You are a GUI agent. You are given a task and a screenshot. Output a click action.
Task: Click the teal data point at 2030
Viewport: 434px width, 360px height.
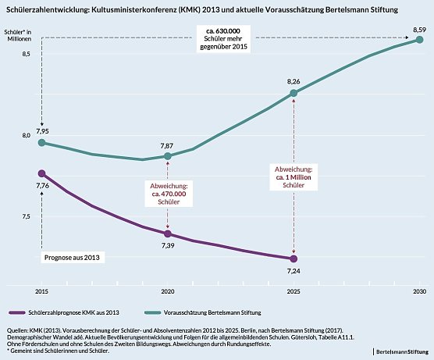(419, 41)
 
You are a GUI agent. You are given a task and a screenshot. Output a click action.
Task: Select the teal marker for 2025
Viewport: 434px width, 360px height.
(293, 93)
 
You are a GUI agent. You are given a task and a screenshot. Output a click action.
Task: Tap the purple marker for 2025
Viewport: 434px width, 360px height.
(293, 258)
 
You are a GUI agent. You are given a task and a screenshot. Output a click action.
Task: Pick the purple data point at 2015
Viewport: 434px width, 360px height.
(42, 173)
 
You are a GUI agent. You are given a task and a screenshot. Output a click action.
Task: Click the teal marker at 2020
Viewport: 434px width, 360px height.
(168, 156)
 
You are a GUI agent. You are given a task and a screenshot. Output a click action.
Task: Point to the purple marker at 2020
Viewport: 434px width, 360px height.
(168, 233)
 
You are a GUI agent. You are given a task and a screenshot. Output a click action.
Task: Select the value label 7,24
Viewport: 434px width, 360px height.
(293, 271)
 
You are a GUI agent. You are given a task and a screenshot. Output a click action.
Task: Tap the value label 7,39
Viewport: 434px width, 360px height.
(167, 246)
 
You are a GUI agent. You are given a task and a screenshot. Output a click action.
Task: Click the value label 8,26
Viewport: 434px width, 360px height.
(293, 81)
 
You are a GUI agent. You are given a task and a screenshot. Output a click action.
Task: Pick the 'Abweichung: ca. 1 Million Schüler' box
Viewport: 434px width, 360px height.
(293, 178)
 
